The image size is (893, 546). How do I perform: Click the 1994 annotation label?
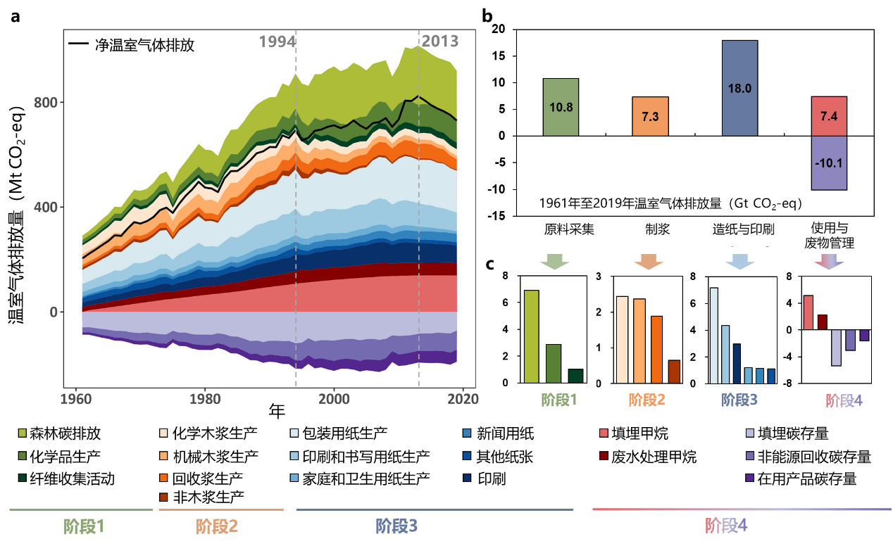click(x=277, y=42)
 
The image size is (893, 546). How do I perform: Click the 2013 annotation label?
click(x=439, y=42)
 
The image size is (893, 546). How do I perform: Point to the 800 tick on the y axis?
click(x=45, y=103)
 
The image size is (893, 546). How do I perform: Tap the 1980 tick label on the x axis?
click(x=205, y=398)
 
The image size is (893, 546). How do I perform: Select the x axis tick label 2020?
click(x=463, y=398)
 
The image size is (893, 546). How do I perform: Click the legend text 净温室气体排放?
click(x=144, y=46)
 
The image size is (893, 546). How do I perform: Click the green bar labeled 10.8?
click(x=561, y=107)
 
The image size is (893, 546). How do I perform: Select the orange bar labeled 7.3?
click(x=650, y=116)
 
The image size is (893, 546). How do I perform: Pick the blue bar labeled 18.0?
click(x=739, y=88)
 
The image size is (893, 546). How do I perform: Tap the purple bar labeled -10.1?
click(x=829, y=163)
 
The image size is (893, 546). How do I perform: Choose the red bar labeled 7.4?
click(x=829, y=116)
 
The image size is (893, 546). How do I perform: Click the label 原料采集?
click(x=569, y=229)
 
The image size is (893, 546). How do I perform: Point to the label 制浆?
click(x=657, y=229)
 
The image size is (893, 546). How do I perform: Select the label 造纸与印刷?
click(x=743, y=229)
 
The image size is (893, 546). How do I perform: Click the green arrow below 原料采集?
click(x=554, y=262)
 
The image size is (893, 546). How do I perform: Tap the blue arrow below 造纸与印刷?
click(x=739, y=262)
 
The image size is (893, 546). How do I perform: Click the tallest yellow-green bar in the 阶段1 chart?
click(x=532, y=336)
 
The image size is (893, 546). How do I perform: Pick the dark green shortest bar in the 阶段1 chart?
click(x=576, y=376)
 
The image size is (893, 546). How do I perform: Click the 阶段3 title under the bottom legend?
click(x=396, y=526)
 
